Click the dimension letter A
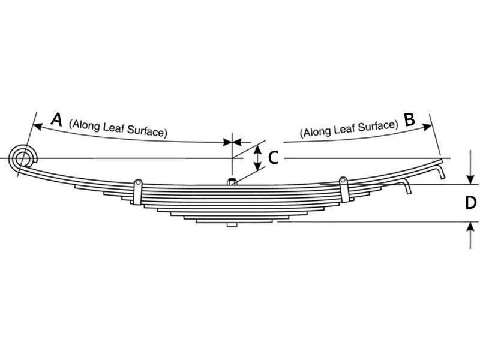pos(57,119)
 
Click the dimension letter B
pos(409,119)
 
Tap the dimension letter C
pos(273,158)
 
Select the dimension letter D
pos(470,203)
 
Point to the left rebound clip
pos(137,192)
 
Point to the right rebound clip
pos(344,189)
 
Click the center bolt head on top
pos(232,182)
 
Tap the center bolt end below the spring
pos(232,224)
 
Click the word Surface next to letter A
pos(147,131)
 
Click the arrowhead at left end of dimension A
pos(37,126)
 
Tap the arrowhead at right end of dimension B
pos(427,127)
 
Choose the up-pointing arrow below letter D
pos(470,235)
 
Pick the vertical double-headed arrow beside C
pos(258,158)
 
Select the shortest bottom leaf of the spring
pos(234,220)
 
